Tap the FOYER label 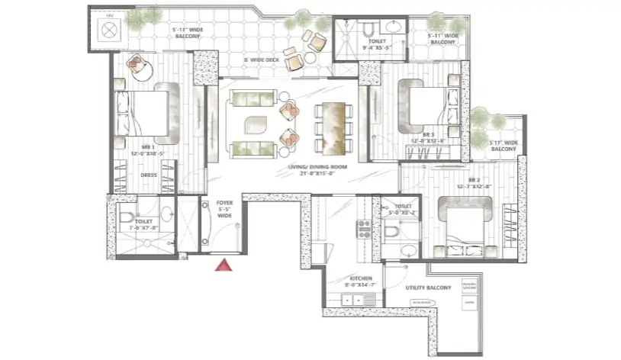tap(224, 204)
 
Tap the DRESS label tap(148, 175)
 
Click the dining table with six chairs tap(333, 123)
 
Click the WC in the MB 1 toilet tap(127, 219)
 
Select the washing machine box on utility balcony tap(468, 287)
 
